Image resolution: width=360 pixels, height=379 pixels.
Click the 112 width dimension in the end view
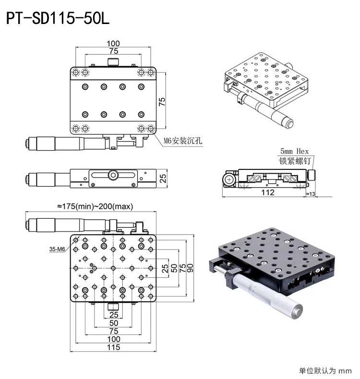(x=268, y=192)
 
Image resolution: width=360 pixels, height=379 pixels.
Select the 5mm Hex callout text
(x=295, y=151)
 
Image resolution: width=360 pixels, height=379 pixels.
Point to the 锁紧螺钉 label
(x=295, y=161)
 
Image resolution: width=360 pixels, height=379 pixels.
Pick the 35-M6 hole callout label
(x=57, y=249)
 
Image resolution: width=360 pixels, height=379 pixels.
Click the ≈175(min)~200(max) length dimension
(x=95, y=206)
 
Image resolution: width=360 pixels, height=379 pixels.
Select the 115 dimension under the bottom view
(x=113, y=347)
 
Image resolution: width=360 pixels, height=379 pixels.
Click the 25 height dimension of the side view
(x=163, y=179)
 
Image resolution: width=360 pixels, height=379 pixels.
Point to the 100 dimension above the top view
(x=113, y=43)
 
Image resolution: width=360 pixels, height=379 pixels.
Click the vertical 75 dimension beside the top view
(x=162, y=101)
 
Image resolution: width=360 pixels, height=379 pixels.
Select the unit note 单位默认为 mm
(x=325, y=370)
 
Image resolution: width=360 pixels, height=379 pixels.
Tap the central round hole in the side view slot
(x=113, y=175)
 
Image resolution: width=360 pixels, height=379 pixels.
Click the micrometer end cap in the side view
(x=28, y=179)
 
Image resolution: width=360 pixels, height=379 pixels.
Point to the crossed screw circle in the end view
(x=229, y=179)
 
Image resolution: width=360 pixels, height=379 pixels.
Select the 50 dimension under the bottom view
(x=113, y=323)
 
